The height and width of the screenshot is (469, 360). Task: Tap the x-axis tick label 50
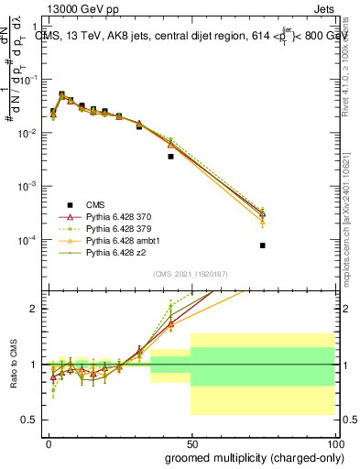[x=191, y=443]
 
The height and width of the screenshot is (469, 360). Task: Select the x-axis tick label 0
[x=49, y=443]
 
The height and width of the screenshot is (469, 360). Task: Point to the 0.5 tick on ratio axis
[x=32, y=420]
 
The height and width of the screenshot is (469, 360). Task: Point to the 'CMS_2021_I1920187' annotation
[x=190, y=274]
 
